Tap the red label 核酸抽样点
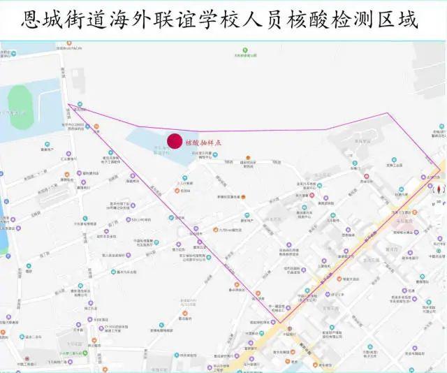204,142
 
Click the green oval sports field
21,115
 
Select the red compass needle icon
438,189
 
